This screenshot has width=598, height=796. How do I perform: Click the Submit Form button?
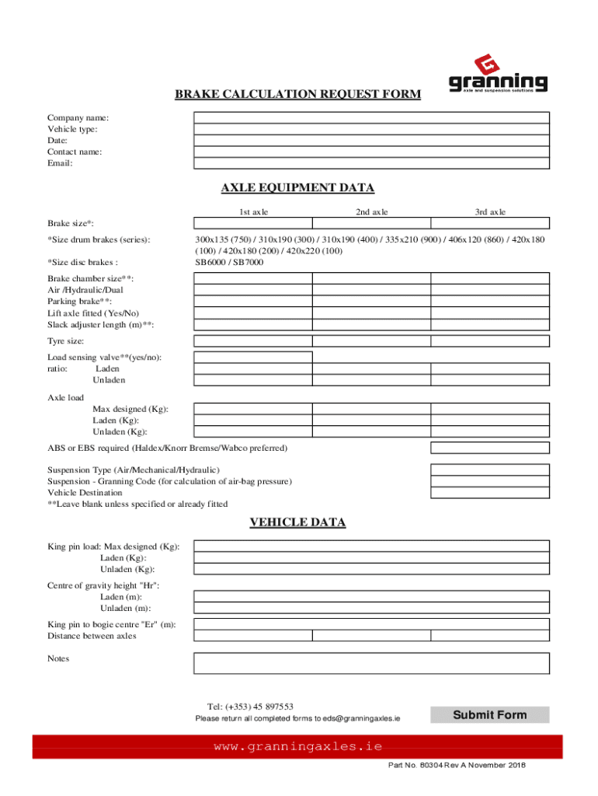pyautogui.click(x=489, y=714)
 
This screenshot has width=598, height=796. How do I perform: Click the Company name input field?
pyautogui.click(x=371, y=117)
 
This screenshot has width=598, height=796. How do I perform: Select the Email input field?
pyautogui.click(x=371, y=163)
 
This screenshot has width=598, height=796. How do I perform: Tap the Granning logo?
pyautogui.click(x=498, y=74)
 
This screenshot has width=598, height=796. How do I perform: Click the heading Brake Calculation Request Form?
pyautogui.click(x=297, y=95)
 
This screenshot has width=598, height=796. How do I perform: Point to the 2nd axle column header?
pyautogui.click(x=372, y=211)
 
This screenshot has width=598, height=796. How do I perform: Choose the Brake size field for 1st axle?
pyautogui.click(x=253, y=223)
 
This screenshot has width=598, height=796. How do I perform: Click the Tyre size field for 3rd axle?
pyautogui.click(x=490, y=340)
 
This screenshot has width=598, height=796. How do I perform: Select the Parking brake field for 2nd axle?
pyautogui.click(x=371, y=302)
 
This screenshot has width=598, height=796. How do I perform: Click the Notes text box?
pyautogui.click(x=371, y=663)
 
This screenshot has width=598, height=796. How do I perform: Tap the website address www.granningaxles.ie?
pyautogui.click(x=298, y=746)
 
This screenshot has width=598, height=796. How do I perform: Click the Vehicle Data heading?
pyautogui.click(x=297, y=522)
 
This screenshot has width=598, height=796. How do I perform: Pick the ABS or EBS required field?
pyautogui.click(x=490, y=448)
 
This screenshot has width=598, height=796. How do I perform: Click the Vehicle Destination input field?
pyautogui.click(x=490, y=493)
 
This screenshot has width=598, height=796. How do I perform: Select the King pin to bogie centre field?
pyautogui.click(x=371, y=624)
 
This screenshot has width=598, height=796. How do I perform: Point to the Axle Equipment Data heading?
pyautogui.click(x=297, y=188)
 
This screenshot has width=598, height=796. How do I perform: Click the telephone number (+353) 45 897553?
pyautogui.click(x=250, y=707)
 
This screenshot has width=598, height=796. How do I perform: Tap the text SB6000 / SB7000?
pyautogui.click(x=229, y=263)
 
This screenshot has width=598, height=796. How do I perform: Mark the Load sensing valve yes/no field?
pyautogui.click(x=253, y=357)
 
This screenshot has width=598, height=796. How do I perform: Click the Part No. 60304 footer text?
pyautogui.click(x=457, y=766)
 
